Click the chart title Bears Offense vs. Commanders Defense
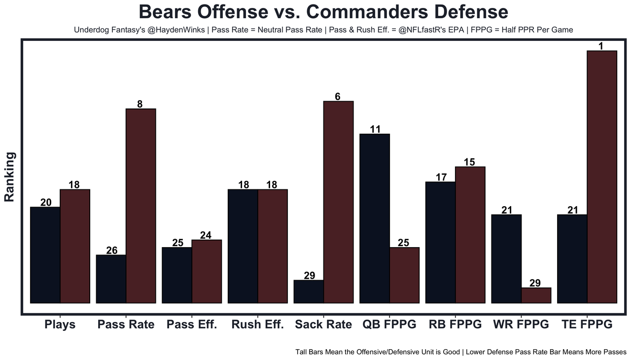click(323, 12)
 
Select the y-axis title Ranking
click(10, 177)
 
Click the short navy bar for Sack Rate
click(309, 291)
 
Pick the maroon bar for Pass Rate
click(141, 206)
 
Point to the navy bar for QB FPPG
click(375, 218)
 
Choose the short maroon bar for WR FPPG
click(536, 295)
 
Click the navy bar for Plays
click(45, 255)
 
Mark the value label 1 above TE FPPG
click(601, 46)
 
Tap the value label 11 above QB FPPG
click(375, 129)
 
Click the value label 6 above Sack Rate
click(338, 97)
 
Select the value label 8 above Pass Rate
click(140, 104)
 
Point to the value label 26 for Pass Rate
click(112, 251)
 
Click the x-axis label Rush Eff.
click(257, 324)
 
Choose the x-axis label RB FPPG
click(455, 324)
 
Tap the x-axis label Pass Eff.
click(192, 324)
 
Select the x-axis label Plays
click(60, 324)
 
